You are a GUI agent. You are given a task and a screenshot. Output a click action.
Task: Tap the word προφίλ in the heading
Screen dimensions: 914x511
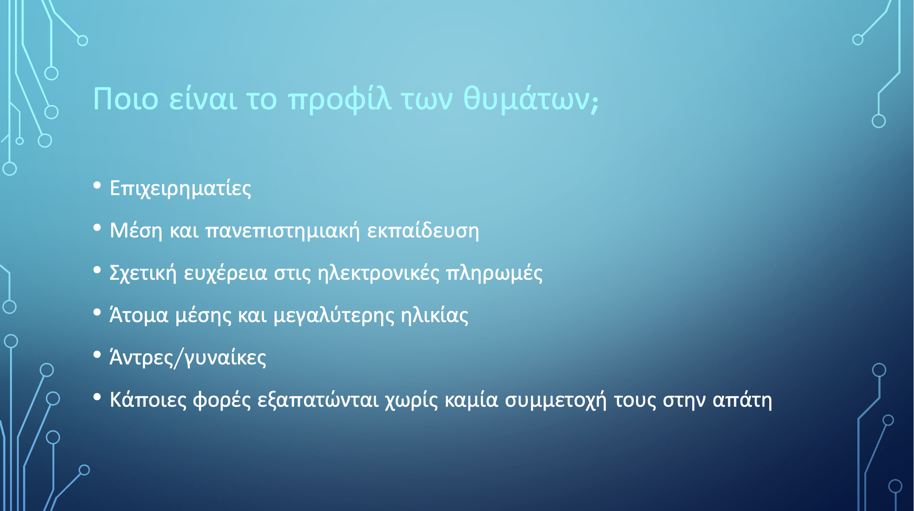point(340,100)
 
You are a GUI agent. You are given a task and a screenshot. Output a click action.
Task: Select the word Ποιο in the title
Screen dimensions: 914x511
point(126,99)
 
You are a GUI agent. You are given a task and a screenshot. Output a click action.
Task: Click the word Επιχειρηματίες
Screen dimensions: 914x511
point(181,189)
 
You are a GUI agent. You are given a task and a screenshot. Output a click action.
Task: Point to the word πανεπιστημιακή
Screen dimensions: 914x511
point(283,231)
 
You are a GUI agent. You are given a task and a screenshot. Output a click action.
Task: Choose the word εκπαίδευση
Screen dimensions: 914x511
point(423,231)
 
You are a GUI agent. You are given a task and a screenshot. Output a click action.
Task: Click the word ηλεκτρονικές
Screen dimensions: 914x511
point(378,273)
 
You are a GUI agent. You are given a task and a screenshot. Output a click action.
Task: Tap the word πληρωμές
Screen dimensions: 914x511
point(494,273)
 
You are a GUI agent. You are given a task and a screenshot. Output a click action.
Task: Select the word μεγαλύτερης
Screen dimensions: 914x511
point(334,316)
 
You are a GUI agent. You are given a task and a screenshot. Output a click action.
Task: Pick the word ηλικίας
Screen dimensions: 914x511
point(435,316)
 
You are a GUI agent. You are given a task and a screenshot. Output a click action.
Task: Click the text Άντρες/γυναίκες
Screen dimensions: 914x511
point(188,358)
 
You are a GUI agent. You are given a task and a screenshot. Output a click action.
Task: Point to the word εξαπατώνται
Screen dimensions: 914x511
point(318,400)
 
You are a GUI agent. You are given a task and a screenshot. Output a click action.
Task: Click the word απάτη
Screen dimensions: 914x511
point(742,400)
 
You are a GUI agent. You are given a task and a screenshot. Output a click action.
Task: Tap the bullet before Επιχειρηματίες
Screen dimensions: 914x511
point(97,186)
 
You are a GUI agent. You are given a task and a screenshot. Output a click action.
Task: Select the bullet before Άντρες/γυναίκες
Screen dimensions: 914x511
point(97,355)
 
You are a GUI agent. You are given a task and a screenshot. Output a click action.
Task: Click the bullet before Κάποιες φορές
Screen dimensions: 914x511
point(97,397)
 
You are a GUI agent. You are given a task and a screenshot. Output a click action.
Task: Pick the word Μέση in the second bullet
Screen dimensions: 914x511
point(136,230)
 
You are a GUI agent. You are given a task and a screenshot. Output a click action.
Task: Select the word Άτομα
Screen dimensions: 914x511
point(139,315)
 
